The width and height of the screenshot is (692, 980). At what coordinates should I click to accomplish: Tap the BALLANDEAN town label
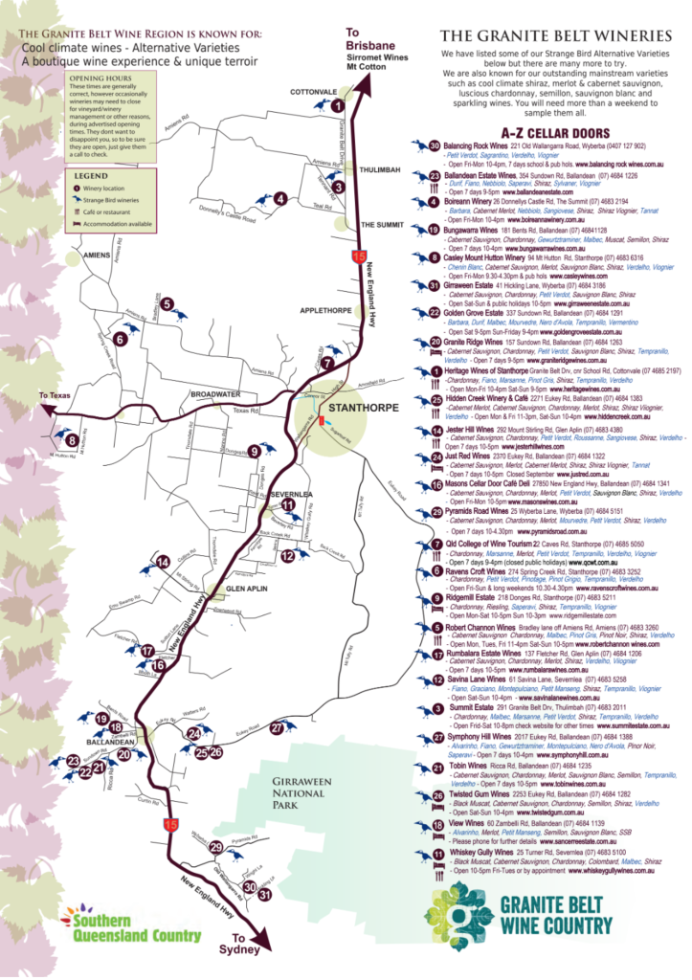[109, 742]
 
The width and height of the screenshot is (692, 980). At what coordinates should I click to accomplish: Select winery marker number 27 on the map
[278, 728]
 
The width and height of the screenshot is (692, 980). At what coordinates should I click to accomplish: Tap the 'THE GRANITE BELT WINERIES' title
[552, 34]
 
